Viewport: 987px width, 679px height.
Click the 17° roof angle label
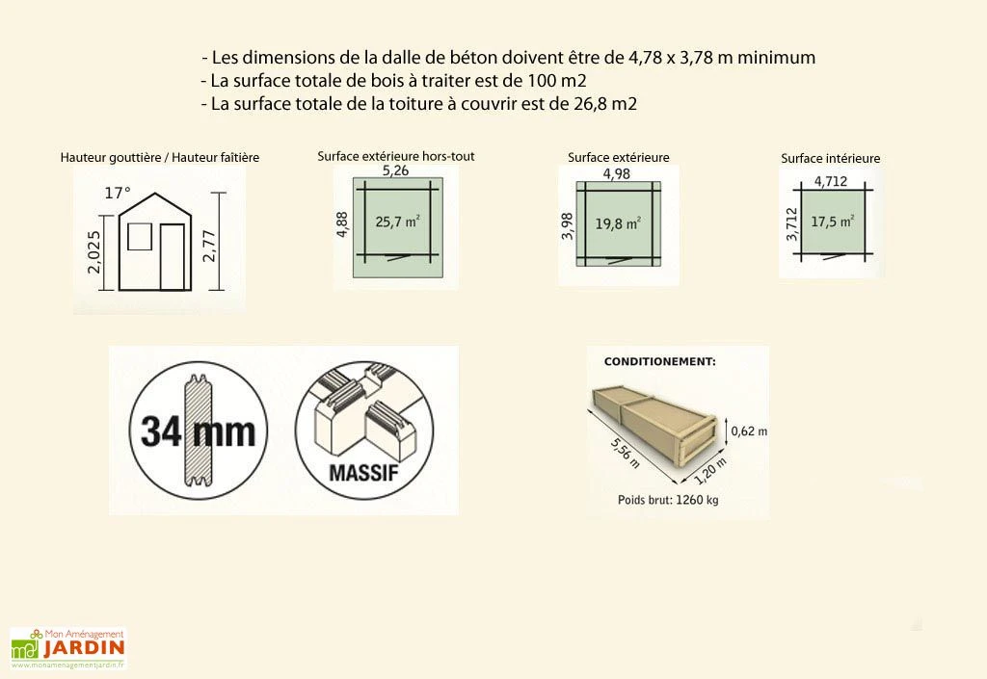117,193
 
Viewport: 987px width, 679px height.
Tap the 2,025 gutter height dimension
94,251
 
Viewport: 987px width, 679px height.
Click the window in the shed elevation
140,236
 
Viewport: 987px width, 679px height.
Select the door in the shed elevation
173,256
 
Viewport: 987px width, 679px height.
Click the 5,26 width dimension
392,171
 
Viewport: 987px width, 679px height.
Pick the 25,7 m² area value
397,222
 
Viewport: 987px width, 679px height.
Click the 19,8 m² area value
618,223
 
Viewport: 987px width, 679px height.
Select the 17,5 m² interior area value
832,222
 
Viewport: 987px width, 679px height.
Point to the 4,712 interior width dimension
832,180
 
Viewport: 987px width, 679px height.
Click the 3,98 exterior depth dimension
568,227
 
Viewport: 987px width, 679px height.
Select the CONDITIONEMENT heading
659,362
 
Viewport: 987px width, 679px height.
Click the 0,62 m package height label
749,431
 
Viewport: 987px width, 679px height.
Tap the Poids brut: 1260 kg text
668,500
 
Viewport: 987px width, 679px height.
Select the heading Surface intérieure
830,159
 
